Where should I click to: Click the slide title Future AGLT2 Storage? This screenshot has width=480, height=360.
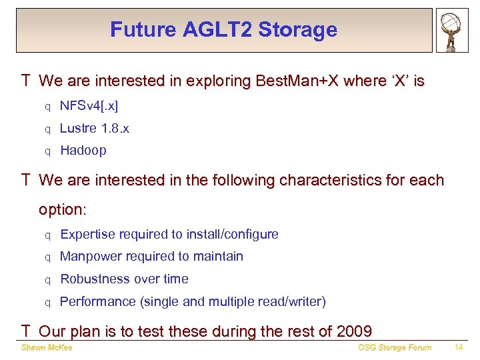[223, 30]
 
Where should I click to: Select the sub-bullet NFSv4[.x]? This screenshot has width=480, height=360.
[89, 107]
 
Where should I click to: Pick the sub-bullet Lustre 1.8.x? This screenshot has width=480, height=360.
[95, 129]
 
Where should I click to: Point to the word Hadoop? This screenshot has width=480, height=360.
[83, 151]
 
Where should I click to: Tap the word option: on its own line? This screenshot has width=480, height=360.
[63, 209]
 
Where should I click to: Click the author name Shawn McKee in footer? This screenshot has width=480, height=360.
[46, 347]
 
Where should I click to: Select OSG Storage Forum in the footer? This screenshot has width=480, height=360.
[395, 347]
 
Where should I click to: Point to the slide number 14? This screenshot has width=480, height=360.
[459, 347]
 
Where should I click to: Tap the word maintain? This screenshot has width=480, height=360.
[220, 257]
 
